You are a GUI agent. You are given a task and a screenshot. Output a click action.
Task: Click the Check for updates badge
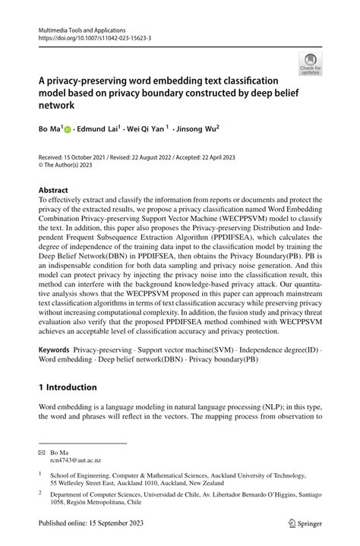[310, 65]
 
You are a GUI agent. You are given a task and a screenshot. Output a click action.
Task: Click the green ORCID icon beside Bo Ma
[67, 130]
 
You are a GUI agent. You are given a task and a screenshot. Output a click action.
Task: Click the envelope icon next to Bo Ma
[42, 452]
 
